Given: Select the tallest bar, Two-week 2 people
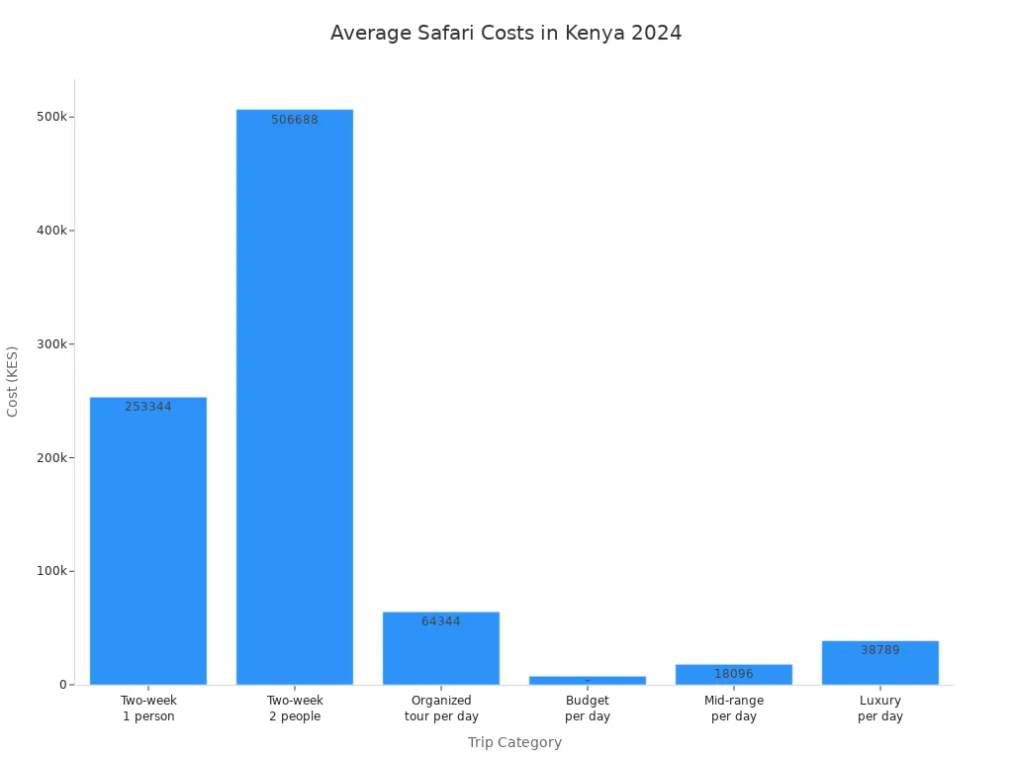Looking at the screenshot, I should (x=295, y=396).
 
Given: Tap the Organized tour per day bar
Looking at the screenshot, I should (x=441, y=653).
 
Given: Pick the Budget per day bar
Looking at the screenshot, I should (x=588, y=681).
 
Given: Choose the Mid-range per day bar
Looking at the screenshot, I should (x=734, y=675).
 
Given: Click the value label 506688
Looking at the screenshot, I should (x=295, y=120).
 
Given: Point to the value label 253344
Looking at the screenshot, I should (x=148, y=407).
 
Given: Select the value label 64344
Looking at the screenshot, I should (x=441, y=621).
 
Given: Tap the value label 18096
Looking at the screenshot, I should (x=734, y=674).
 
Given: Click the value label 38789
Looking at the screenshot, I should (x=880, y=650).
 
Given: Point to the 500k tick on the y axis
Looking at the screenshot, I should (x=51, y=117).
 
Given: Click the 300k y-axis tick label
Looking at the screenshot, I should (x=51, y=344).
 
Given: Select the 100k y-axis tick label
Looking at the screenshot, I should (x=51, y=571).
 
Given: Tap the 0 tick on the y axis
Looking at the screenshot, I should (x=61, y=685).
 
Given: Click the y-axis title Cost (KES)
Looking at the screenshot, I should (x=13, y=381).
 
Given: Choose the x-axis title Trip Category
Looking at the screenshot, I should (x=514, y=742).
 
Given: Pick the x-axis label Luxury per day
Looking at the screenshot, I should (x=880, y=709).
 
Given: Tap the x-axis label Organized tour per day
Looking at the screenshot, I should (x=441, y=709).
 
